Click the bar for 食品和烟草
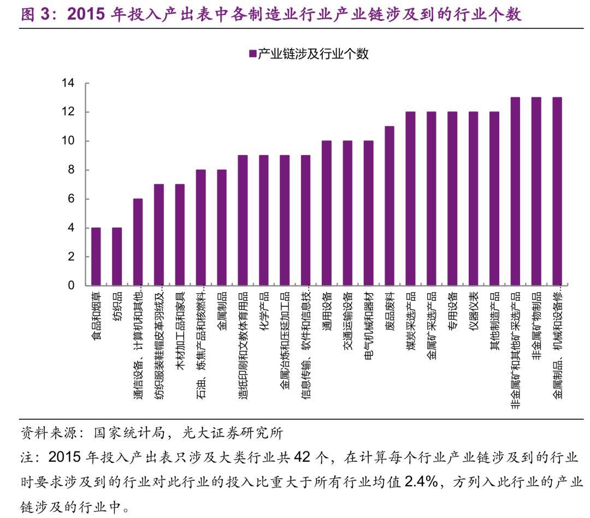coord(96,257)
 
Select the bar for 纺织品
coord(117,257)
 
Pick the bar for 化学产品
coord(263,221)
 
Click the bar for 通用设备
coord(326,213)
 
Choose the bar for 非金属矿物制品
coord(536,192)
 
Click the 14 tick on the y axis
coord(68,84)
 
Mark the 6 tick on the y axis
coord(71,199)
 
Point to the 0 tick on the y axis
coord(71,285)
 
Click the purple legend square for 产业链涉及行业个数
coord(252,53)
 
